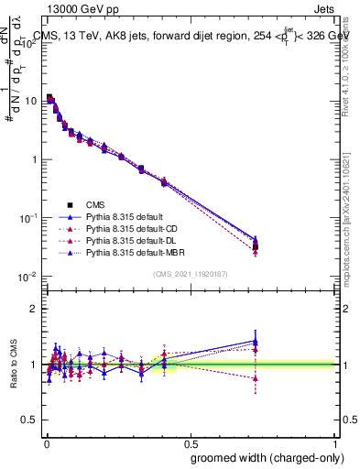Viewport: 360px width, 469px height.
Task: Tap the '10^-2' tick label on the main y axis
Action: click(27, 277)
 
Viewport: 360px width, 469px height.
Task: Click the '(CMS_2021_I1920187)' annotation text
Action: click(190, 273)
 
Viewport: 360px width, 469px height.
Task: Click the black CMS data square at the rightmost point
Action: click(256, 247)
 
